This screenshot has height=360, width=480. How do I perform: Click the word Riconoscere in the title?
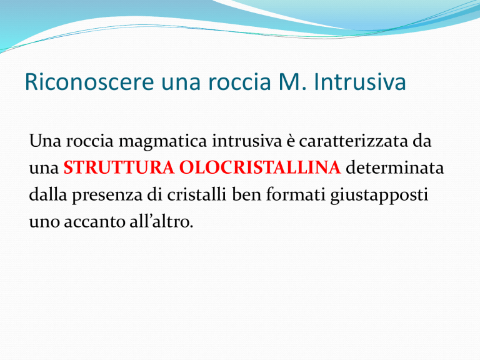[x=89, y=82]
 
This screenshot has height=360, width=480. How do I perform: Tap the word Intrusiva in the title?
[x=360, y=82]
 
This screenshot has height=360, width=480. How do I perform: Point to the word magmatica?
[x=162, y=141]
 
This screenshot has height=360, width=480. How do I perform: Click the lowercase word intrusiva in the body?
[x=247, y=141]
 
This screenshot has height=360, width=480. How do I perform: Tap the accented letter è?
[x=290, y=141]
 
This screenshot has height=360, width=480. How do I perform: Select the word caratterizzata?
[x=353, y=141]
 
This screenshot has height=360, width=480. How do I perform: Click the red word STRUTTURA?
[x=119, y=167]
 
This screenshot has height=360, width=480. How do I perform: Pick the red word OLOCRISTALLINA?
[x=260, y=167]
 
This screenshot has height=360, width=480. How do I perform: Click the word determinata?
[x=394, y=167]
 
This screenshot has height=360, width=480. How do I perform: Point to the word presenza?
[x=107, y=195]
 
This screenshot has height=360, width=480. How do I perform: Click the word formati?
[x=296, y=194]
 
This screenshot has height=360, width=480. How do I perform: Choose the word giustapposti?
[x=379, y=195]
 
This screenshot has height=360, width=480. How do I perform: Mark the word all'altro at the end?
[x=161, y=221]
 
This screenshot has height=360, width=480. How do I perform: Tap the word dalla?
[x=47, y=194]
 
